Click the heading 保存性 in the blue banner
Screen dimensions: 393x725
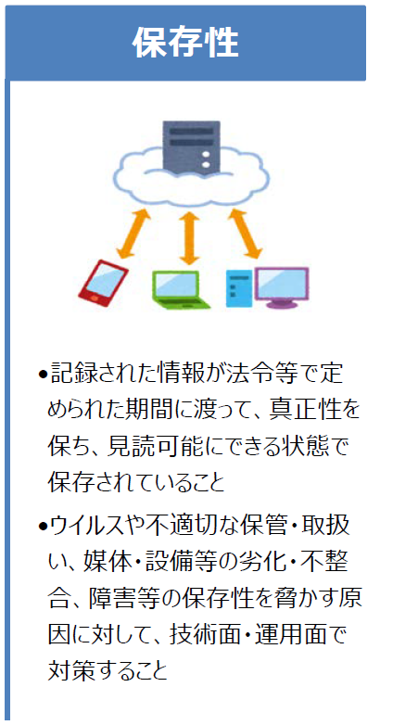tap(185, 43)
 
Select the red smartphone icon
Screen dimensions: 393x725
tap(103, 283)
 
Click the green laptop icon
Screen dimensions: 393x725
tap(181, 289)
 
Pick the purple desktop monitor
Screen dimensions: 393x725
tap(282, 287)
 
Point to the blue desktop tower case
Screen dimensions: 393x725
tap(239, 288)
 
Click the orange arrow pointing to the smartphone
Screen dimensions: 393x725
tap(133, 234)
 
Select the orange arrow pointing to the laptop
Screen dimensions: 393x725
tap(188, 238)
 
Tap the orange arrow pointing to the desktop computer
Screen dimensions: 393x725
tap(245, 234)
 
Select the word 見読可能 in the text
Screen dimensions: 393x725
tap(157, 447)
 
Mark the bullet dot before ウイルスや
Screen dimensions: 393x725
tap(43, 527)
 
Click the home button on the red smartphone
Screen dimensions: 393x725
tap(95, 298)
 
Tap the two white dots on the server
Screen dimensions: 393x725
tap(206, 159)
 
